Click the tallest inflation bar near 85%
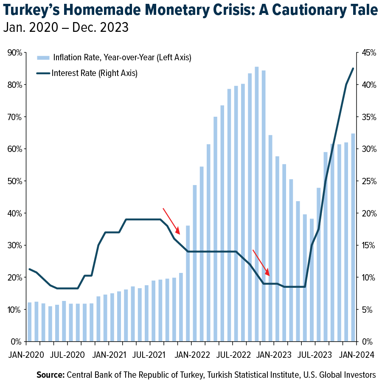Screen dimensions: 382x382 coord(257,204)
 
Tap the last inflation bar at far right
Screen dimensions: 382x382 coord(353,238)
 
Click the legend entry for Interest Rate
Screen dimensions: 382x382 coord(94,73)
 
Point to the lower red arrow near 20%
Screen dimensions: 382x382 coord(261,262)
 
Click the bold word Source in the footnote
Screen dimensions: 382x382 coord(50,375)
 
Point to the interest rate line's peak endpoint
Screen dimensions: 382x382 coord(353,68)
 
